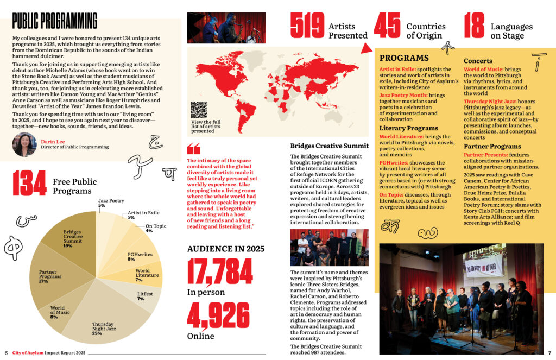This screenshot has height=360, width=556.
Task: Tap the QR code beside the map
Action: (x=199, y=110)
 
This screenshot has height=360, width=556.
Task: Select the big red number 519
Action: (x=307, y=26)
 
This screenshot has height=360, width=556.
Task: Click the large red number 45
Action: (x=387, y=26)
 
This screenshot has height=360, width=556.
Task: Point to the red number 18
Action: (x=474, y=26)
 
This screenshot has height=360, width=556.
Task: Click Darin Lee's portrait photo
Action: (x=24, y=143)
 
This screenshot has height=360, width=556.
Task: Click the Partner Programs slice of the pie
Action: (x=52, y=277)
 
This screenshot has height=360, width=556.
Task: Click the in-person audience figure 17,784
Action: (x=220, y=270)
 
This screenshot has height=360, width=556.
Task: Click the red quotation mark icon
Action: (x=193, y=149)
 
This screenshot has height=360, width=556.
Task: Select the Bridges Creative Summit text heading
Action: (x=329, y=146)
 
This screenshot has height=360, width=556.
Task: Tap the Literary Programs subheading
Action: (x=408, y=128)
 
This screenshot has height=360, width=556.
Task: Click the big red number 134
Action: (x=29, y=184)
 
